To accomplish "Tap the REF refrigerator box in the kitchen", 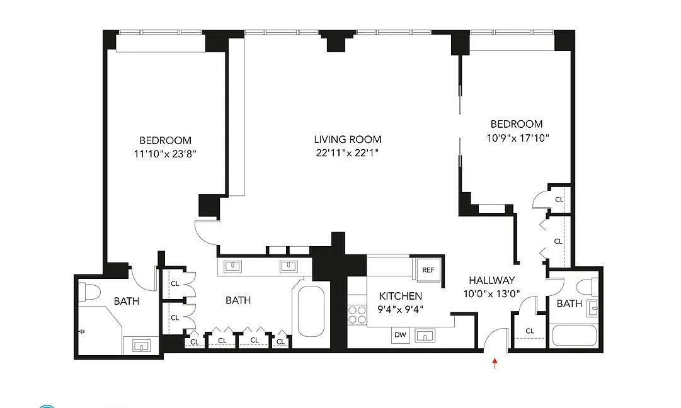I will point(428,270).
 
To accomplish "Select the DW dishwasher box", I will point(400,335).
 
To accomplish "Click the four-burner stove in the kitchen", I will point(357,314).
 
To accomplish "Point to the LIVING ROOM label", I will point(348,140).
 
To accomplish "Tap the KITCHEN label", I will point(400,296).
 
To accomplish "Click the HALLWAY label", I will point(492,281).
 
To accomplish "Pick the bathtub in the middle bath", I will point(311,312).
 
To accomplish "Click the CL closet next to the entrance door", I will point(530,331).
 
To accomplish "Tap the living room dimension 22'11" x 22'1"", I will point(348,153).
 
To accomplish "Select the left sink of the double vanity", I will point(232,266).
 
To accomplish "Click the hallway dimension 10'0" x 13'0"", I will point(492,293).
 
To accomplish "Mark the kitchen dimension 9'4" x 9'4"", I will point(400,309).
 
